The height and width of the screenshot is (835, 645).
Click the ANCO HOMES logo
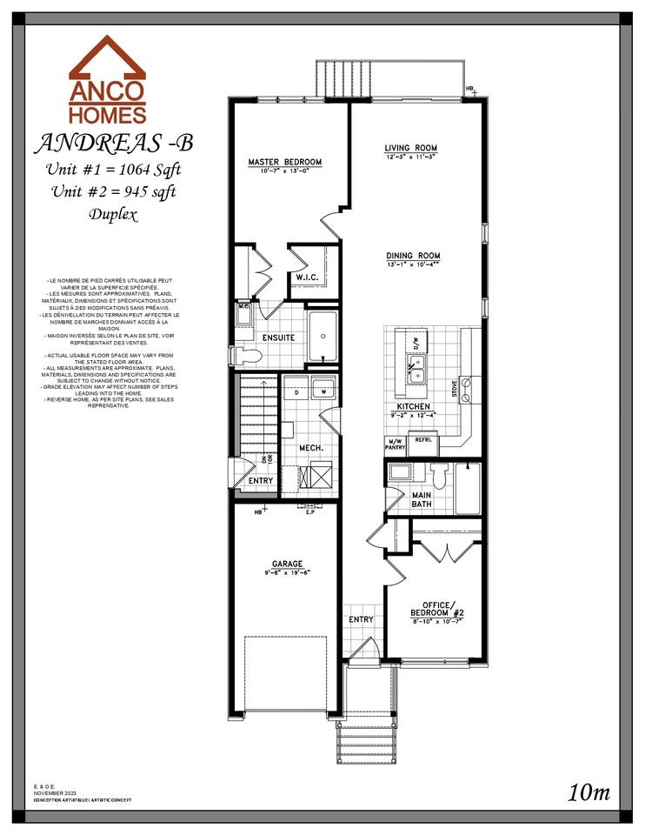[108, 80]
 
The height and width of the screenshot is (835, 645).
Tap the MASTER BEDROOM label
[284, 163]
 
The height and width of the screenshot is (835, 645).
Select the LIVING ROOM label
[411, 149]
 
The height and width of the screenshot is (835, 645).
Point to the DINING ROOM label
[413, 256]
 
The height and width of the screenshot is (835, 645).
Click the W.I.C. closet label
[309, 277]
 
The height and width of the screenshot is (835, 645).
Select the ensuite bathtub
[323, 335]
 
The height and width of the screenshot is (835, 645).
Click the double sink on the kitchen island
[416, 375]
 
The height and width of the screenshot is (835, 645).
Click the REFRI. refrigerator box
[423, 442]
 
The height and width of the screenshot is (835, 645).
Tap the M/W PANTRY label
[396, 444]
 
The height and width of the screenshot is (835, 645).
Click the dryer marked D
[297, 391]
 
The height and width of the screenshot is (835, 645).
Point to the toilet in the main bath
[439, 476]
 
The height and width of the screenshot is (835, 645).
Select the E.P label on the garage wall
[311, 513]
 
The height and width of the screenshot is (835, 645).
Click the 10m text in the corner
[589, 792]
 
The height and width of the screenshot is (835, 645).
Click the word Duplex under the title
[113, 214]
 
